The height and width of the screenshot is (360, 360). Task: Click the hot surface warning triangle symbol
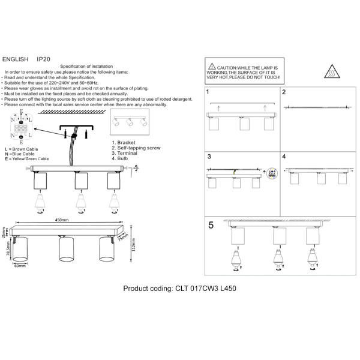click(x=333, y=72)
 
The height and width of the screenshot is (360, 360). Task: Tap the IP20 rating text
click(x=44, y=60)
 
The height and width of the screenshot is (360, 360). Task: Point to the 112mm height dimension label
click(x=134, y=245)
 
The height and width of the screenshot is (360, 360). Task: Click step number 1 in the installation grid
click(x=208, y=93)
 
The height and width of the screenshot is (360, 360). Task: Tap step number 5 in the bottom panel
click(x=211, y=226)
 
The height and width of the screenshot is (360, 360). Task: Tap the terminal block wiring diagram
click(x=21, y=127)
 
